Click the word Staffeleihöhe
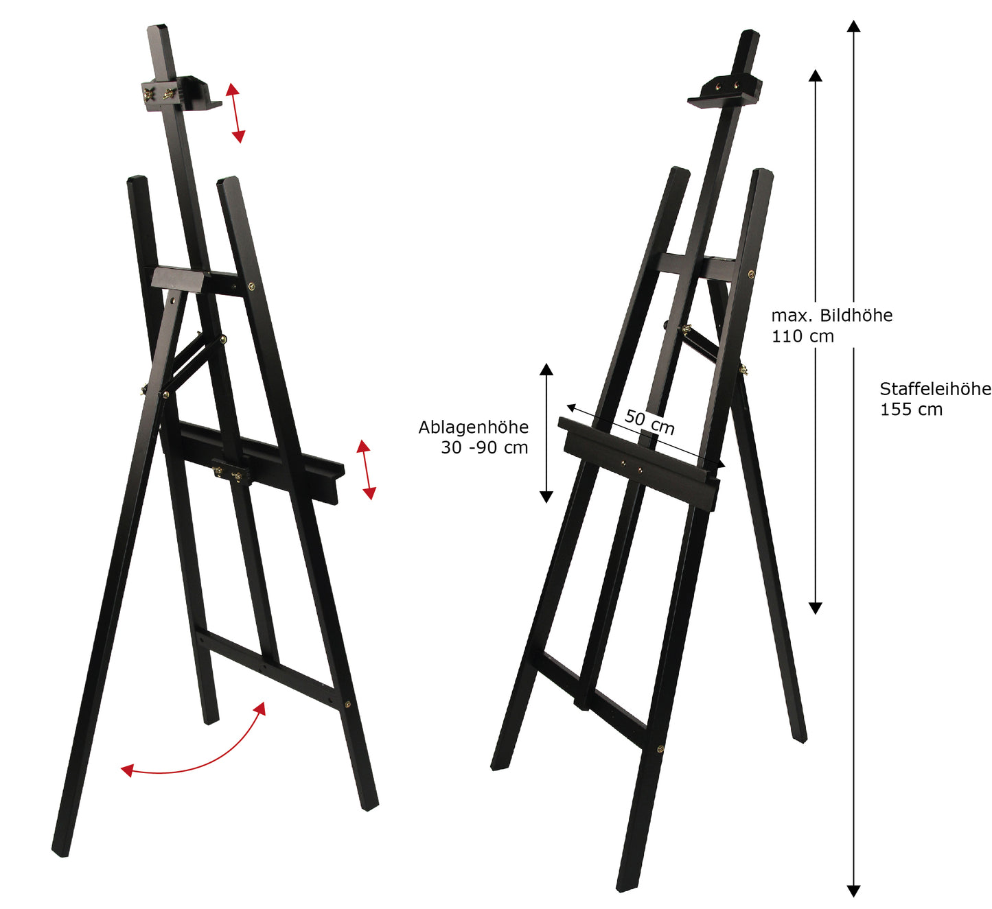(x=935, y=389)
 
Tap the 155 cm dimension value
(x=911, y=410)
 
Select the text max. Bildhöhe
(x=832, y=316)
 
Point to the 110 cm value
(x=802, y=337)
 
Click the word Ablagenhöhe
(x=473, y=427)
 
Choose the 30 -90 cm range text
(x=484, y=448)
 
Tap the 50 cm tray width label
(x=649, y=421)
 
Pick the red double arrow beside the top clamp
(x=236, y=113)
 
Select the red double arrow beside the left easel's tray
(x=367, y=469)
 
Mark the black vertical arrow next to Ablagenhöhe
(x=546, y=433)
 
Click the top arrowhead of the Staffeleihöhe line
(x=853, y=26)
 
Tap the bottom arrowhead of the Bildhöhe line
(x=815, y=608)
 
